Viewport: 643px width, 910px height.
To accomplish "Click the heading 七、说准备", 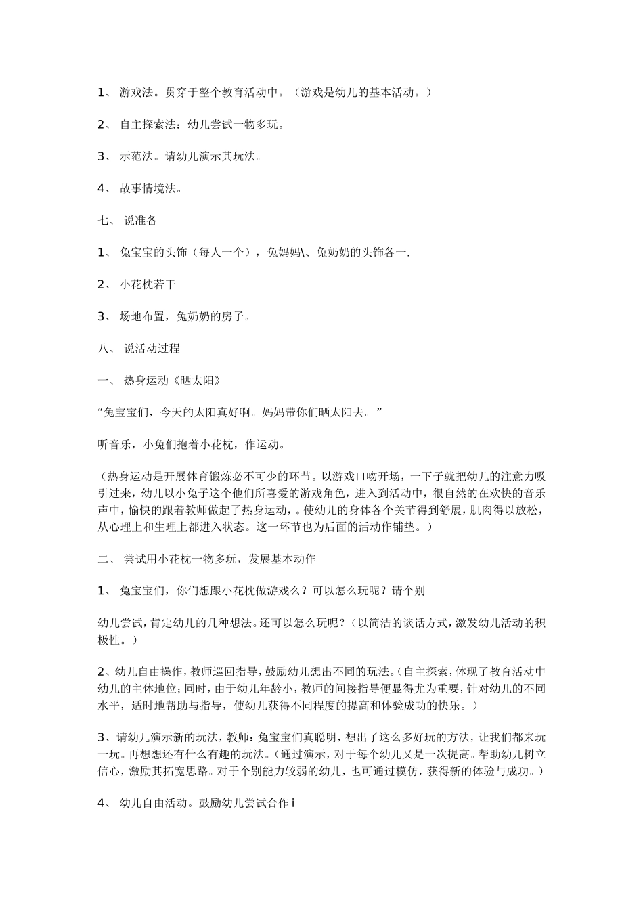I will coord(128,221).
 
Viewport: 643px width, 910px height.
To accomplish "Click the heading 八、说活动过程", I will coord(139,349).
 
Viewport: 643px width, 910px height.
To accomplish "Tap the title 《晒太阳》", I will coord(198,381).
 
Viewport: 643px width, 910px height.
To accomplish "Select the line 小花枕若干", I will coord(148,284).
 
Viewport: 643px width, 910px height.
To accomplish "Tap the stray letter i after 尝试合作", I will coord(293,804).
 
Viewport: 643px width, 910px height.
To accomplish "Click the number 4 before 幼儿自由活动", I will coord(101,804).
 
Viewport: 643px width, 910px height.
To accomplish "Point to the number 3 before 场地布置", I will coord(101,316).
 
